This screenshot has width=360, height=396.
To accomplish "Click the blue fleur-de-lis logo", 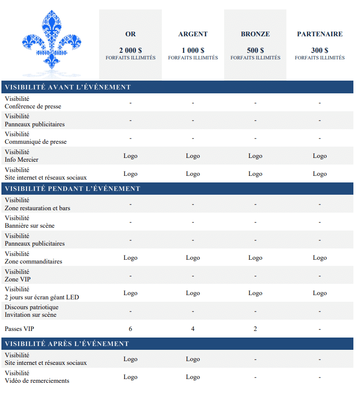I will pyautogui.click(x=51, y=40).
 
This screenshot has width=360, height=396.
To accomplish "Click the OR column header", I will pyautogui.click(x=130, y=34).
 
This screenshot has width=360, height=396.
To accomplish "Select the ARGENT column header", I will pyautogui.click(x=193, y=34).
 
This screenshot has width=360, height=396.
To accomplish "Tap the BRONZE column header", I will pyautogui.click(x=255, y=34).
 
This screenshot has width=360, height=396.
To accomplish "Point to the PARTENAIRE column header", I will pyautogui.click(x=319, y=34).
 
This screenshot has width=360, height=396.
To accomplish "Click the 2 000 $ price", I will pyautogui.click(x=130, y=50).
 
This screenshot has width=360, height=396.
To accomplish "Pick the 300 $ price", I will pyautogui.click(x=319, y=50).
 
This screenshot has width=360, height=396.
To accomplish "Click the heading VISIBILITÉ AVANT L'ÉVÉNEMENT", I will pyautogui.click(x=67, y=87).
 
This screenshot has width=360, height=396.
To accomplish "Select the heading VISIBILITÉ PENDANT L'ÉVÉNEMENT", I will pyautogui.click(x=72, y=189).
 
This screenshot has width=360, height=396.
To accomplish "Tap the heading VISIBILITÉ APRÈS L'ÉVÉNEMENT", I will pyautogui.click(x=67, y=344).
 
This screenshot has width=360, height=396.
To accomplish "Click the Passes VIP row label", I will pyautogui.click(x=19, y=329).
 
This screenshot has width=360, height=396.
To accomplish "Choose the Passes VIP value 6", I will pyautogui.click(x=130, y=329).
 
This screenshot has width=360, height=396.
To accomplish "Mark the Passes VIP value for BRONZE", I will pyautogui.click(x=255, y=329).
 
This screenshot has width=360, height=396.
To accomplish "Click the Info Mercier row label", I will pyautogui.click(x=21, y=160).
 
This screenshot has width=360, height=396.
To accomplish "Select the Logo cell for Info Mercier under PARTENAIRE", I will pyautogui.click(x=319, y=156).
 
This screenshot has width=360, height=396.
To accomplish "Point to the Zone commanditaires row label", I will pyautogui.click(x=33, y=262).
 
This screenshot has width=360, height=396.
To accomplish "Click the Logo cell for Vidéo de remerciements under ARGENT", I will pyautogui.click(x=193, y=377).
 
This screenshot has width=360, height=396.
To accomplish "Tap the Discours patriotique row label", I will pyautogui.click(x=32, y=307).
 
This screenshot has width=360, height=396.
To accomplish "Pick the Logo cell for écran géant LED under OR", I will pyautogui.click(x=130, y=293).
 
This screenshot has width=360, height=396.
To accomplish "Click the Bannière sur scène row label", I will pyautogui.click(x=29, y=226).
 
